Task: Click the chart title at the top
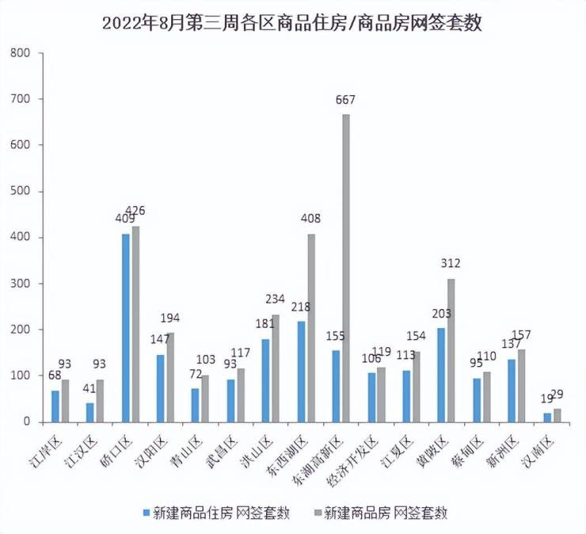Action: pyautogui.click(x=292, y=23)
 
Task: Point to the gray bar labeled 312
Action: pyautogui.click(x=451, y=349)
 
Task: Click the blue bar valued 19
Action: pyautogui.click(x=547, y=417)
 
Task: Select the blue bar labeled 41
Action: pyautogui.click(x=90, y=412)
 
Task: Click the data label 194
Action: pyautogui.click(x=169, y=318)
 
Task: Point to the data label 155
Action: pyautogui.click(x=334, y=335)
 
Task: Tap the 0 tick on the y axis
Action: pyautogui.click(x=26, y=421)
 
